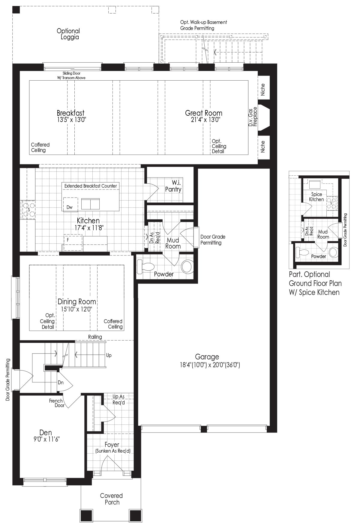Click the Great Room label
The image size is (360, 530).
(x=204, y=113)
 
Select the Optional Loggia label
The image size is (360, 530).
(x=68, y=34)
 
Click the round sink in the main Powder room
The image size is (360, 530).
(x=187, y=266)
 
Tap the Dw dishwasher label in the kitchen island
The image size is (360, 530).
(x=69, y=207)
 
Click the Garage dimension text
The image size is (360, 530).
(x=207, y=365)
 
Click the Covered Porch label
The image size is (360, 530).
(x=112, y=499)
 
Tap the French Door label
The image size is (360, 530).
(x=56, y=403)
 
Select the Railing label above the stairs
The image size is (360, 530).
(x=95, y=337)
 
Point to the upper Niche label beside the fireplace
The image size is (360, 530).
(x=263, y=89)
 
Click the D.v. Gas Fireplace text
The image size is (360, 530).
(x=253, y=117)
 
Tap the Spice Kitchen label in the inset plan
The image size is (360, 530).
(x=317, y=197)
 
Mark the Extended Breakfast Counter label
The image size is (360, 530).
(x=91, y=186)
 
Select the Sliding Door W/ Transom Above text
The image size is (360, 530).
(x=71, y=76)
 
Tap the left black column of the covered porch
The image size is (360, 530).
(x=86, y=516)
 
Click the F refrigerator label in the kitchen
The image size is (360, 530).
(x=68, y=240)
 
